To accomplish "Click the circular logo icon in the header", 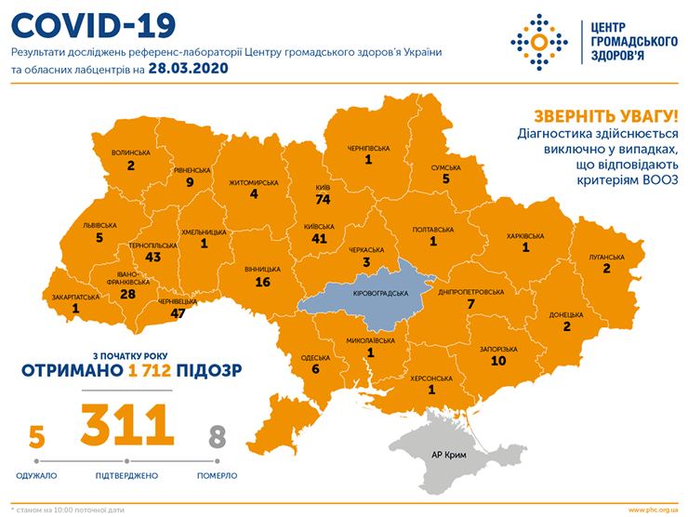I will (x=537, y=39).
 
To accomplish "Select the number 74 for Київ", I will (x=324, y=199).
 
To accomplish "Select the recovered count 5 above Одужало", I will (x=36, y=437).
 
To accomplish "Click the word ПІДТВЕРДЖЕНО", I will (x=126, y=475).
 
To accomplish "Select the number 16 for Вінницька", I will (x=262, y=282).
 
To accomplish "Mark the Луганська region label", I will (x=605, y=256).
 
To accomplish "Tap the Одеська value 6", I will (x=315, y=369).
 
